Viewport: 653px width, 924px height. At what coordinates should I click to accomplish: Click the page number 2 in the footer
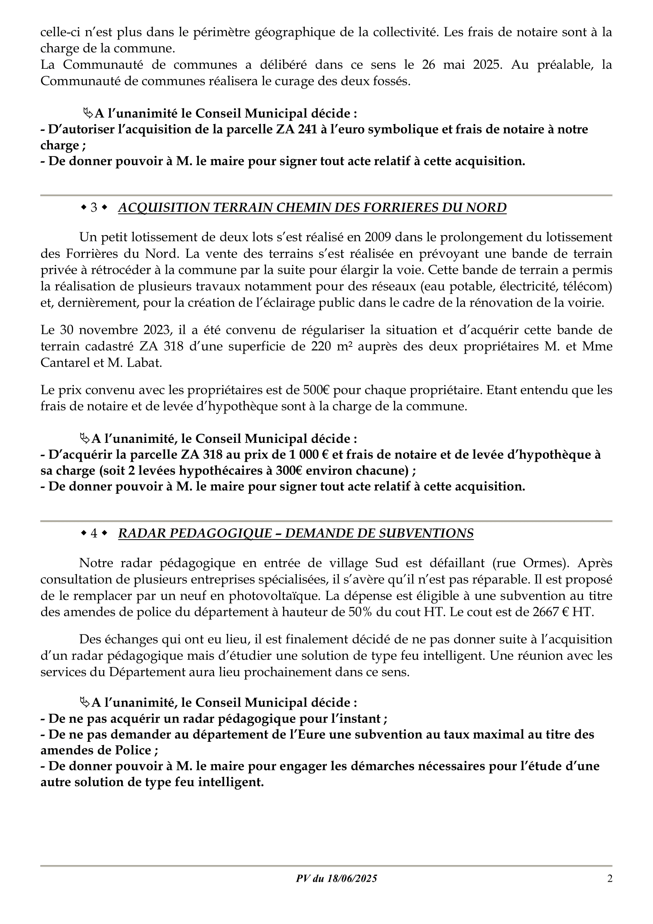[610, 878]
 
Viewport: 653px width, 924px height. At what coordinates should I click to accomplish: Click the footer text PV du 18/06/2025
[336, 878]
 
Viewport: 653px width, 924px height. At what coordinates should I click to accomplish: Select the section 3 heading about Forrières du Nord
[312, 208]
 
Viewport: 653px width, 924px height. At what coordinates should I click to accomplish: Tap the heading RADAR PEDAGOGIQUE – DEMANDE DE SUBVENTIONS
[296, 533]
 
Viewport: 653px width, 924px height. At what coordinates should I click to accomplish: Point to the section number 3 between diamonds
[94, 208]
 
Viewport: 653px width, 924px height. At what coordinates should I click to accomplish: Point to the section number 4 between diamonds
[94, 533]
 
